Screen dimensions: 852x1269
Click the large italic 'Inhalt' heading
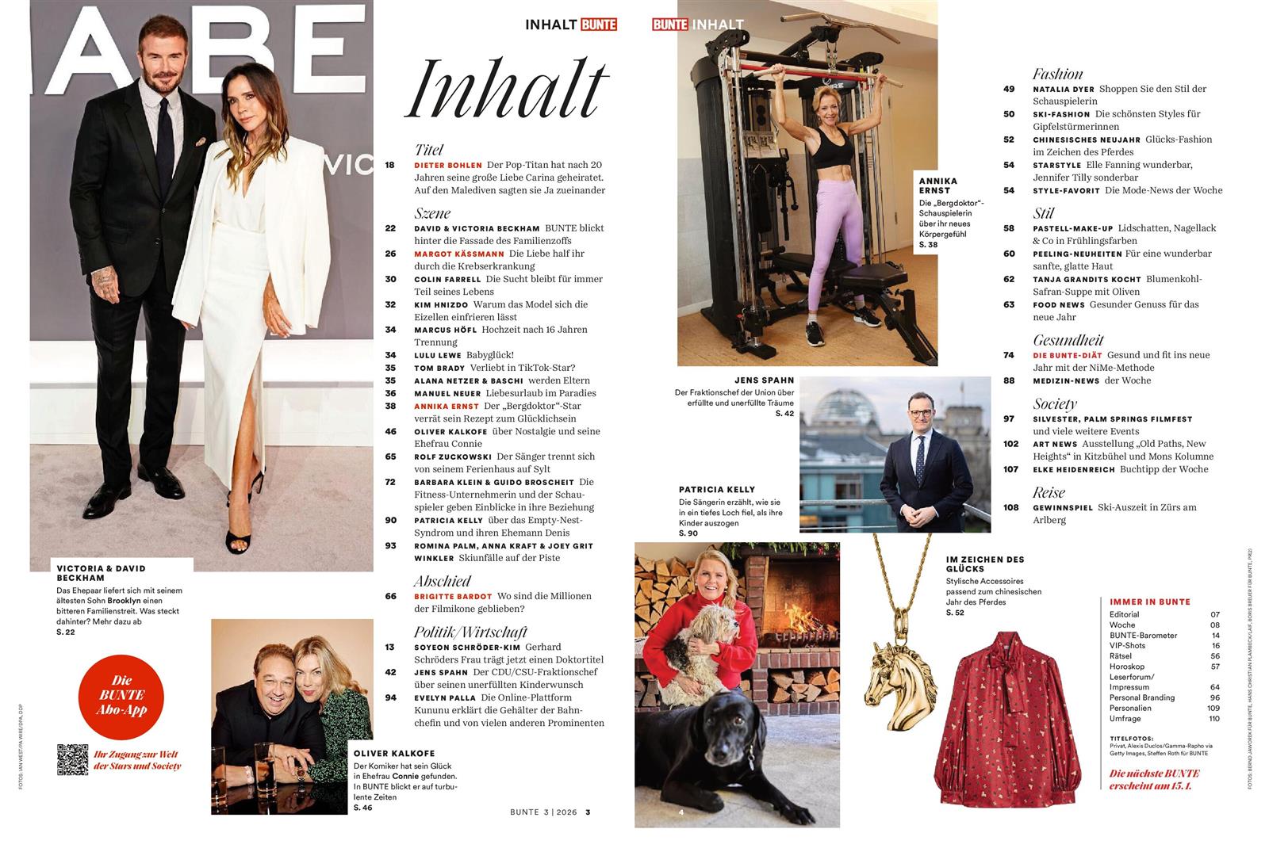click(x=507, y=89)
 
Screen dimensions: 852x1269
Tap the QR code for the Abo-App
click(x=72, y=759)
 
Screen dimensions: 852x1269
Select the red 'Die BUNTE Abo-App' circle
click(x=121, y=694)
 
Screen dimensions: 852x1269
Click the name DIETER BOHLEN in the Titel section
click(x=448, y=165)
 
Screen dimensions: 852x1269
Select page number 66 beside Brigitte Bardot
click(x=390, y=596)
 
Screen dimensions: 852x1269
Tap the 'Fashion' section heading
click(x=1057, y=74)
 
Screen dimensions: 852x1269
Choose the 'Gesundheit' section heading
click(x=1068, y=340)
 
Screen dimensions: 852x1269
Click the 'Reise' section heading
click(x=1049, y=492)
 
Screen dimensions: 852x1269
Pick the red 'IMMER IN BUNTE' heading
click(x=1149, y=602)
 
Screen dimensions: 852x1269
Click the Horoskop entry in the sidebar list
click(x=1127, y=667)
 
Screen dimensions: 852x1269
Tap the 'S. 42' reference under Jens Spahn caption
click(x=784, y=414)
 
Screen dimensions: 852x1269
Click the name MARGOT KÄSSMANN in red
click(x=459, y=254)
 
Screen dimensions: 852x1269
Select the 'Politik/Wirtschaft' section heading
click(x=470, y=632)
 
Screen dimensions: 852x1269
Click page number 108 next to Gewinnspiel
click(x=1010, y=507)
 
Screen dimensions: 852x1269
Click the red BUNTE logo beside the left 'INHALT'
click(x=598, y=25)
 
